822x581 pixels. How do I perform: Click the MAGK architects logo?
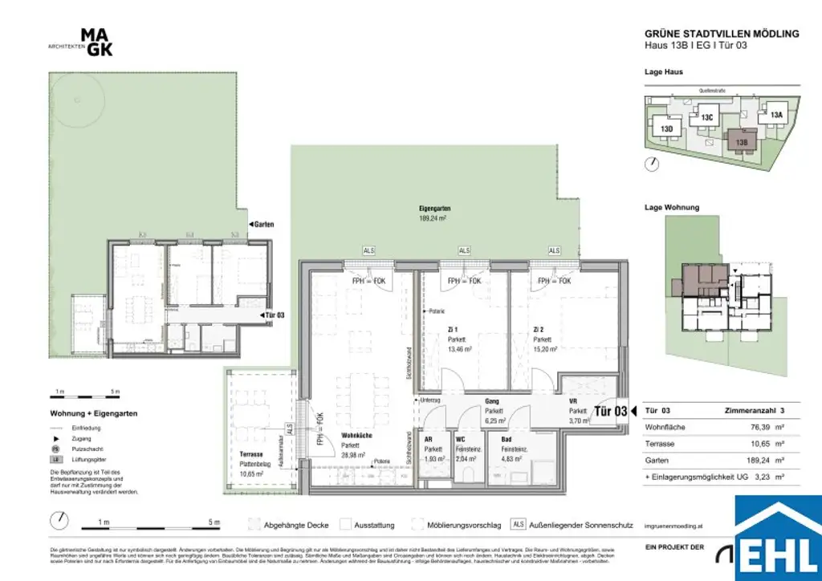pyautogui.click(x=96, y=42)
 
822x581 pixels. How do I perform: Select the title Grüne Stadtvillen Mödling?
pyautogui.click(x=722, y=34)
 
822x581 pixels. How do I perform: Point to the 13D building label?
pyautogui.click(x=666, y=128)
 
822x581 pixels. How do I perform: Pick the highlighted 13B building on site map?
pyautogui.click(x=741, y=141)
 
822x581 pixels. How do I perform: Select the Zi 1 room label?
pyautogui.click(x=454, y=329)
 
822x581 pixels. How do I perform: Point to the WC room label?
pyautogui.click(x=462, y=439)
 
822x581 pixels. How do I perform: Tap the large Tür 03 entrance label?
pyautogui.click(x=610, y=412)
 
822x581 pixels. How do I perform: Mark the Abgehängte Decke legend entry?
pyautogui.click(x=295, y=526)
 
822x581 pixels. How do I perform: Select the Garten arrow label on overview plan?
pyautogui.click(x=262, y=225)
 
